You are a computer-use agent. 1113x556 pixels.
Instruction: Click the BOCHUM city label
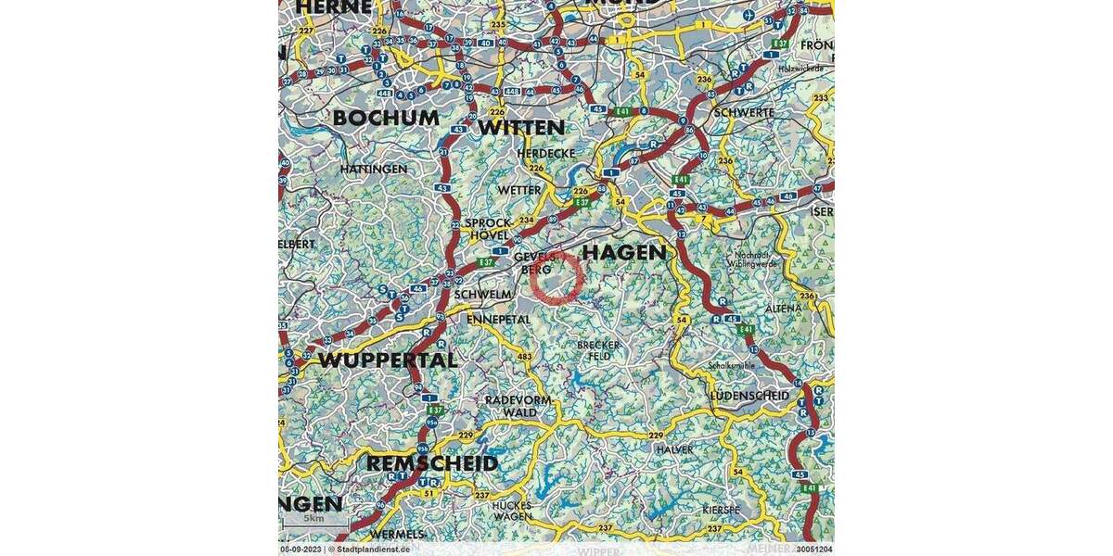pyautogui.click(x=386, y=119)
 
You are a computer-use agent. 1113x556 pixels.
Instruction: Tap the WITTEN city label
pyautogui.click(x=520, y=127)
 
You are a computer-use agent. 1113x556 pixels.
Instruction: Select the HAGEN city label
pyautogui.click(x=623, y=252)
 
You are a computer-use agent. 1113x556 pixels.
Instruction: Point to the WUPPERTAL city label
pyautogui.click(x=388, y=360)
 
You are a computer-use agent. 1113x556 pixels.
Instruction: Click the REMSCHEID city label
pyautogui.click(x=432, y=462)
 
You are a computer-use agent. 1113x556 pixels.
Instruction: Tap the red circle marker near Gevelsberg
pyautogui.click(x=557, y=277)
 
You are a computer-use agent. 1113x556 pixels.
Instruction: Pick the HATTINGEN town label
pyautogui.click(x=373, y=170)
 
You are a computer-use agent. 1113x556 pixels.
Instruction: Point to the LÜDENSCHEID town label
pyautogui.click(x=748, y=396)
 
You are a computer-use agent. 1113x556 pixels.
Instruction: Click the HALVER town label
pyautogui.click(x=674, y=449)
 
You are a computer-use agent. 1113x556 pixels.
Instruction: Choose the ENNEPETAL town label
pyautogui.click(x=498, y=319)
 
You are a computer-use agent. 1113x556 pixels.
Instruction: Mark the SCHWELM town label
pyautogui.click(x=483, y=294)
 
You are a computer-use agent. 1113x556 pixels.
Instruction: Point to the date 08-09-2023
pyautogui.click(x=301, y=550)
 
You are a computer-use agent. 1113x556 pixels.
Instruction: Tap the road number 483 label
pyautogui.click(x=525, y=357)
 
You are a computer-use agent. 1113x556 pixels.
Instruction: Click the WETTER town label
pyautogui.click(x=519, y=190)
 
